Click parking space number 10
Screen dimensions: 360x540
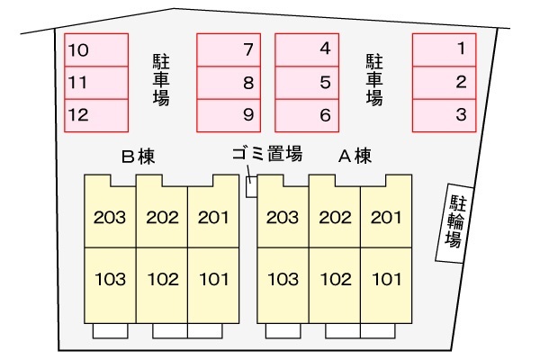pyautogui.click(x=95, y=49)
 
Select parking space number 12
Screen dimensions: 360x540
pyautogui.click(x=95, y=114)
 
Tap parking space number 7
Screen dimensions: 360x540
pyautogui.click(x=229, y=49)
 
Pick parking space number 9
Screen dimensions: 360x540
pyautogui.click(x=229, y=114)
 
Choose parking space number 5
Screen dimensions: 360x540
pyautogui.click(x=306, y=82)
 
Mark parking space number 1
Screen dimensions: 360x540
pyautogui.click(x=444, y=49)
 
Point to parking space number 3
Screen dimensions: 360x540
pyautogui.click(x=444, y=114)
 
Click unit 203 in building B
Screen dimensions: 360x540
pyautogui.click(x=110, y=217)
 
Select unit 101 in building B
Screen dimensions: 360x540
pyautogui.click(x=213, y=279)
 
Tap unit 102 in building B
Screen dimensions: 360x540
pyautogui.click(x=162, y=279)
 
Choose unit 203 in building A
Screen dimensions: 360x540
pyautogui.click(x=283, y=217)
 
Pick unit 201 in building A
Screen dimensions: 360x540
pyautogui.click(x=386, y=217)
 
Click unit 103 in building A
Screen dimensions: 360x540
pyautogui.click(x=283, y=279)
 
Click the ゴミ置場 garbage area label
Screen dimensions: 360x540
pyautogui.click(x=267, y=154)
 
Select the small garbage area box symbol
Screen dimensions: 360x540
pyautogui.click(x=251, y=185)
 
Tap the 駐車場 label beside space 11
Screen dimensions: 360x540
pyautogui.click(x=162, y=81)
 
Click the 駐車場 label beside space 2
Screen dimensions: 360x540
pyautogui.click(x=374, y=81)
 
